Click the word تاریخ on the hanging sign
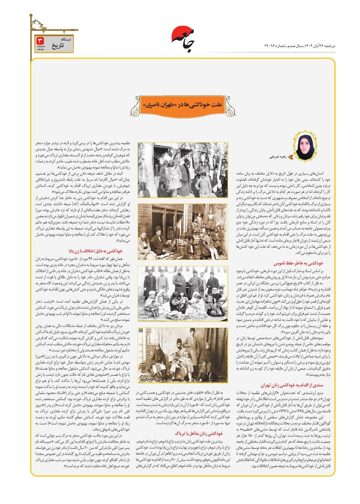pyautogui.click(x=57, y=46)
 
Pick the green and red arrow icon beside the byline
pyautogui.click(x=291, y=157)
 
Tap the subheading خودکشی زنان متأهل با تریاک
pyautogui.click(x=198, y=433)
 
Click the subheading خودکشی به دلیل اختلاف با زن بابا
pyautogui.click(x=95, y=251)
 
